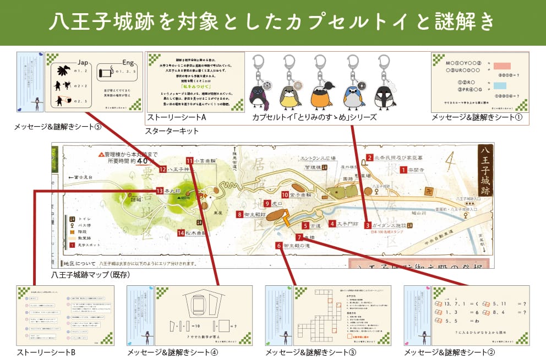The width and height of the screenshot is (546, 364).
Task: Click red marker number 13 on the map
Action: tap(160, 191)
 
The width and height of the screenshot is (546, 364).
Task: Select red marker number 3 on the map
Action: tap(367, 225)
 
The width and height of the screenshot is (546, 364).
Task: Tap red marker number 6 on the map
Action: tap(280, 246)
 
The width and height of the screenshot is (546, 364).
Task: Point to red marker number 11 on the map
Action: tap(189, 161)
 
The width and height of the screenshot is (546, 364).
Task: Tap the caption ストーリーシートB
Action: tap(46, 352)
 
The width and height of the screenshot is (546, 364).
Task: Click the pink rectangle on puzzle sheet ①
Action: tap(502, 66)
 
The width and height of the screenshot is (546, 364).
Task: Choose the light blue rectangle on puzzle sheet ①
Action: tap(502, 86)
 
